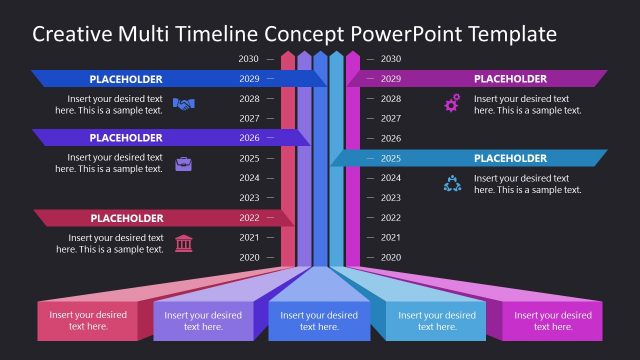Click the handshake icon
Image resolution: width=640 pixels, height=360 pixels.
tap(183, 103)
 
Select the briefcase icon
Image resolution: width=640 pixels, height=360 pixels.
tap(183, 163)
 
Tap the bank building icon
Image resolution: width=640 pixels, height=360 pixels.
tap(183, 243)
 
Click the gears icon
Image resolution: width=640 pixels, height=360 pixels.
tap(452, 103)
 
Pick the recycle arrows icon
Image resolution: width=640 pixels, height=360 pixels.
tap(452, 183)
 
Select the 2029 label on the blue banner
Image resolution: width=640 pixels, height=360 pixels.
tap(249, 78)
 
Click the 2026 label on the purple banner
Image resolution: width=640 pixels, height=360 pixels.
tap(249, 138)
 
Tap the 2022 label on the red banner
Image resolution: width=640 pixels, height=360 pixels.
tap(249, 218)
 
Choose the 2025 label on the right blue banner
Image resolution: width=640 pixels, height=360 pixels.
tap(391, 158)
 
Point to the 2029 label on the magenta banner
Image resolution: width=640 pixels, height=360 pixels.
tap(391, 78)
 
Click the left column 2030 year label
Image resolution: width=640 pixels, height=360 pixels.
tap(249, 59)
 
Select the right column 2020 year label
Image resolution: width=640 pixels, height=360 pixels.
tap(391, 257)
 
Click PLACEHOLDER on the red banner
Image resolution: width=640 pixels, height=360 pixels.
tap(126, 218)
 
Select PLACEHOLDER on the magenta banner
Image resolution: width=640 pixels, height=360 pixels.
tap(510, 78)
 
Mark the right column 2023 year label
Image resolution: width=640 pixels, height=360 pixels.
tap(391, 198)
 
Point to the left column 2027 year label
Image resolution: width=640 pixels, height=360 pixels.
tap(249, 118)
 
